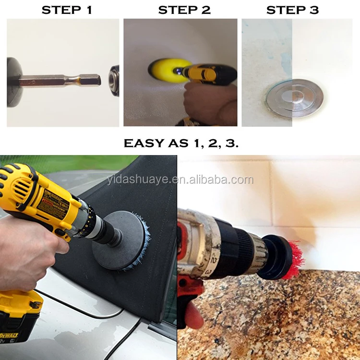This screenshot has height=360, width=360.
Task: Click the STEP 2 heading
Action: pyautogui.click(x=184, y=10)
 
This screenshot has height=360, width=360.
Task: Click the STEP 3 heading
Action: pyautogui.click(x=292, y=10)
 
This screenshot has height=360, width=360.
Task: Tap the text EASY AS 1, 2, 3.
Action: pyautogui.click(x=180, y=143)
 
